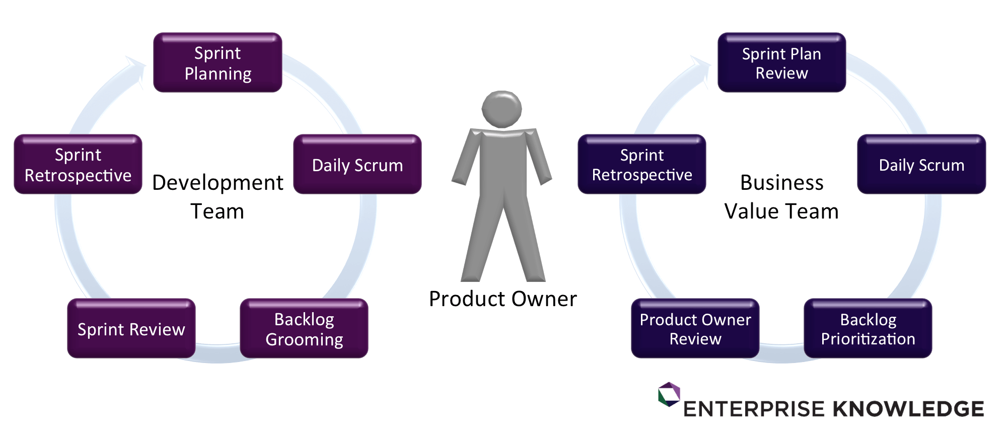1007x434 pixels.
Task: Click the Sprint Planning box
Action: click(x=218, y=63)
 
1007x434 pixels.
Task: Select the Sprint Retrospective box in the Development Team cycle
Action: click(x=78, y=165)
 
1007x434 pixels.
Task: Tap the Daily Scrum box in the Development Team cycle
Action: click(x=357, y=165)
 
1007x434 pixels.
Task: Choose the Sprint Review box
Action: click(x=131, y=329)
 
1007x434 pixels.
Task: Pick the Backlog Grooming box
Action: click(x=304, y=329)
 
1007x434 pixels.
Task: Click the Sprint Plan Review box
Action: click(x=781, y=63)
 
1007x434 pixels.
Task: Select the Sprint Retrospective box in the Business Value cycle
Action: click(x=642, y=165)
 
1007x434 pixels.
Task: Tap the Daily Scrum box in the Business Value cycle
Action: click(x=921, y=165)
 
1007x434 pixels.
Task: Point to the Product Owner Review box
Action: click(x=695, y=329)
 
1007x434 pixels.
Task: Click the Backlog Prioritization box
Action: click(x=868, y=329)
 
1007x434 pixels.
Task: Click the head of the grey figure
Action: click(x=501, y=109)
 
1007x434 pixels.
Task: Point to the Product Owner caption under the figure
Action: click(x=502, y=299)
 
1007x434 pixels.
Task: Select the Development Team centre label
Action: click(x=218, y=197)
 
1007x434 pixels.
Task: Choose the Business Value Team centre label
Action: click(x=781, y=197)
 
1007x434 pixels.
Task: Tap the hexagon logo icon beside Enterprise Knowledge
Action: click(x=669, y=394)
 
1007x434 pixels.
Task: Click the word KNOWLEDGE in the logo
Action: click(x=908, y=409)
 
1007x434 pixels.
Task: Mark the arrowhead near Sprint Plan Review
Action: click(x=700, y=66)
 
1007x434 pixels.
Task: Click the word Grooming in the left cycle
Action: click(x=304, y=340)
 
